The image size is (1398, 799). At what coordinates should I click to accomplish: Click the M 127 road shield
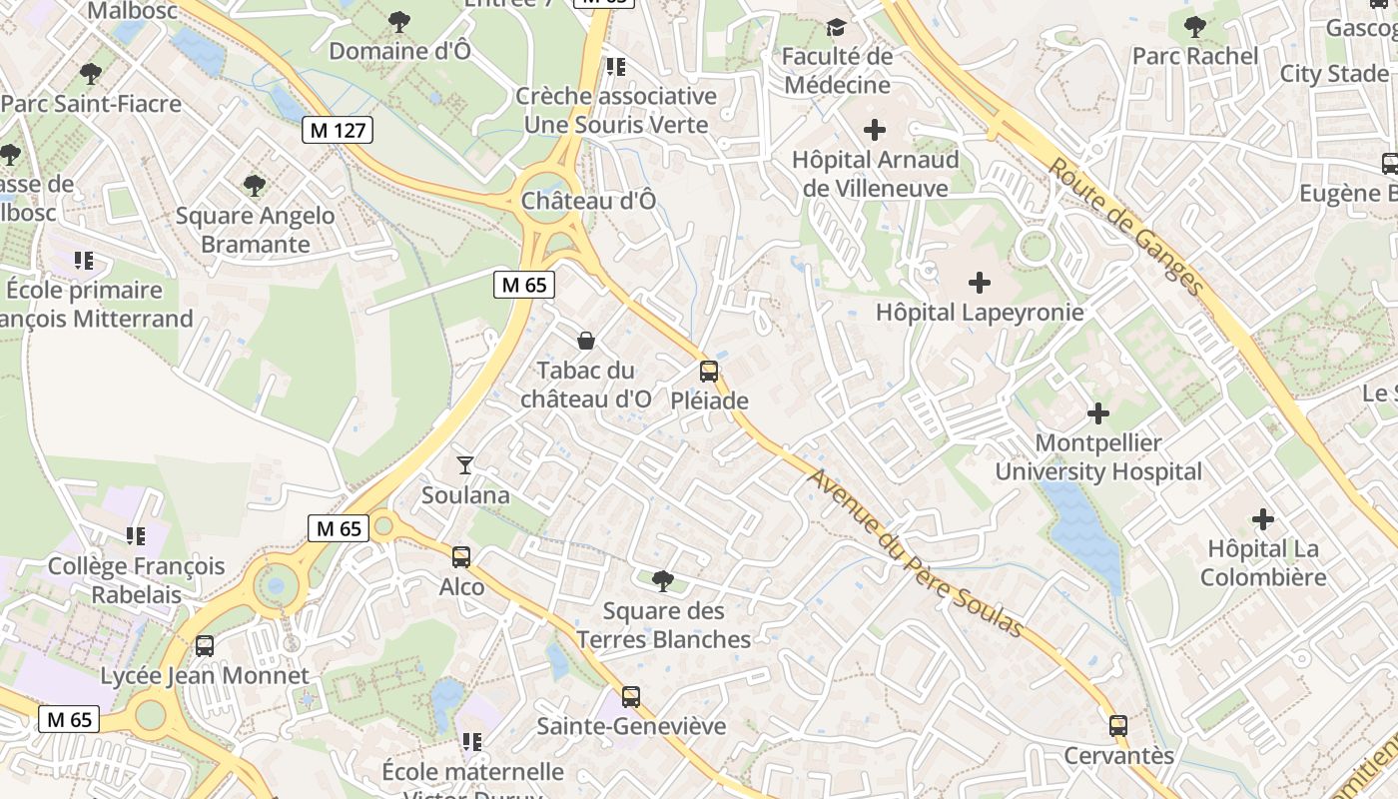tap(338, 129)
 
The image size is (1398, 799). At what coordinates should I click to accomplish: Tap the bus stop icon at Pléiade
tap(709, 372)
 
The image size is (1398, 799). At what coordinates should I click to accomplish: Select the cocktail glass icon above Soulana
tap(465, 464)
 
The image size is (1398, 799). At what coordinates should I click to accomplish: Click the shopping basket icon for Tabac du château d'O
tap(586, 341)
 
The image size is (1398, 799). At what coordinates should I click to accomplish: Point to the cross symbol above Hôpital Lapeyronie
tap(980, 283)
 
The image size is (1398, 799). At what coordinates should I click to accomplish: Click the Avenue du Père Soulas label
tap(916, 553)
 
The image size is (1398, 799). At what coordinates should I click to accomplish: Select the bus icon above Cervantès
tap(1118, 726)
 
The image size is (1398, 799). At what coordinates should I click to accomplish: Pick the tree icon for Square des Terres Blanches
tap(662, 580)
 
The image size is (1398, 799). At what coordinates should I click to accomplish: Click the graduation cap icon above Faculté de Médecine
tap(836, 27)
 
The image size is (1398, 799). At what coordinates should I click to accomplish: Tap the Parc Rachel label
tap(1195, 56)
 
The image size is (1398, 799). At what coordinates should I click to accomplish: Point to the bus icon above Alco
tap(461, 557)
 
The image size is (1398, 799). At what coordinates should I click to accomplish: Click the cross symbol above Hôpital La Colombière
tap(1263, 519)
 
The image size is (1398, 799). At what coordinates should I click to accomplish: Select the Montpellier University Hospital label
tap(1098, 457)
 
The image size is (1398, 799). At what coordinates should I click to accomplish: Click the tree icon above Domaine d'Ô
tap(399, 21)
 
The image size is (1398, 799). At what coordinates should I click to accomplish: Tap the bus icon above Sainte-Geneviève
tap(631, 696)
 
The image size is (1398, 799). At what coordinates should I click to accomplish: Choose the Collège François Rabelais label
tap(137, 580)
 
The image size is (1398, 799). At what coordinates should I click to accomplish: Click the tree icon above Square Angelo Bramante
tap(255, 185)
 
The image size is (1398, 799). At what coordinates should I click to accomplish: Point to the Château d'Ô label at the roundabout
tap(589, 201)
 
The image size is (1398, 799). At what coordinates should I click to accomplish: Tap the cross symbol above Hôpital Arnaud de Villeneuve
tap(875, 129)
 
